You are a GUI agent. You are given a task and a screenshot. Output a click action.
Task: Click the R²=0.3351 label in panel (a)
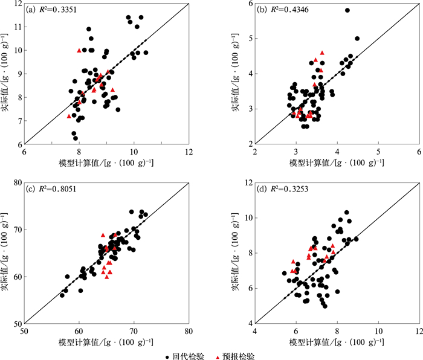58,10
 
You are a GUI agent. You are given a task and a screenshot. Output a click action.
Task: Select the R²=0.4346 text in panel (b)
289,10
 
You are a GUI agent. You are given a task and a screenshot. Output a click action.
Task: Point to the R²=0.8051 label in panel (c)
57,189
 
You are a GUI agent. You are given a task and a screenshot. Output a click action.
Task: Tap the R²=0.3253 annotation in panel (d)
289,189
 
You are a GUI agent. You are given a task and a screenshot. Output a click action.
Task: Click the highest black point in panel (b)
347,10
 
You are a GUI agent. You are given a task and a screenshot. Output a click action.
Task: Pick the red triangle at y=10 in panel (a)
79,50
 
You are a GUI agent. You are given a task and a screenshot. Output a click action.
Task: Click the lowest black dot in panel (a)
76,138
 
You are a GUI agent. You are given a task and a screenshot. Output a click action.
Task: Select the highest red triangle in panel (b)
322,53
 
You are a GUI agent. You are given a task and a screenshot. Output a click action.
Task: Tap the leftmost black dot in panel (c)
62,295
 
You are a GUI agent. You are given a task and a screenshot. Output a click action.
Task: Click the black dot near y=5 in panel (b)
357,39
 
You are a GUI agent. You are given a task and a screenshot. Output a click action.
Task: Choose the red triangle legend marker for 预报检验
218,358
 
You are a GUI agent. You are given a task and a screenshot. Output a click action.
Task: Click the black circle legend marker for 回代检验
167,358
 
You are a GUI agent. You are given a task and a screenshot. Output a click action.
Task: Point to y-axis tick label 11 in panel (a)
19,27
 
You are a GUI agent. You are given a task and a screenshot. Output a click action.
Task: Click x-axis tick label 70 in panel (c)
134,331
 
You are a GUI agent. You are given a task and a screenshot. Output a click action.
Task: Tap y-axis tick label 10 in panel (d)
249,218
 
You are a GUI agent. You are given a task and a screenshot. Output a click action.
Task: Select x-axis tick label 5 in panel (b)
378,152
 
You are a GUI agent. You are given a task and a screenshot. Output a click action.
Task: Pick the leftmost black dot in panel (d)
285,273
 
